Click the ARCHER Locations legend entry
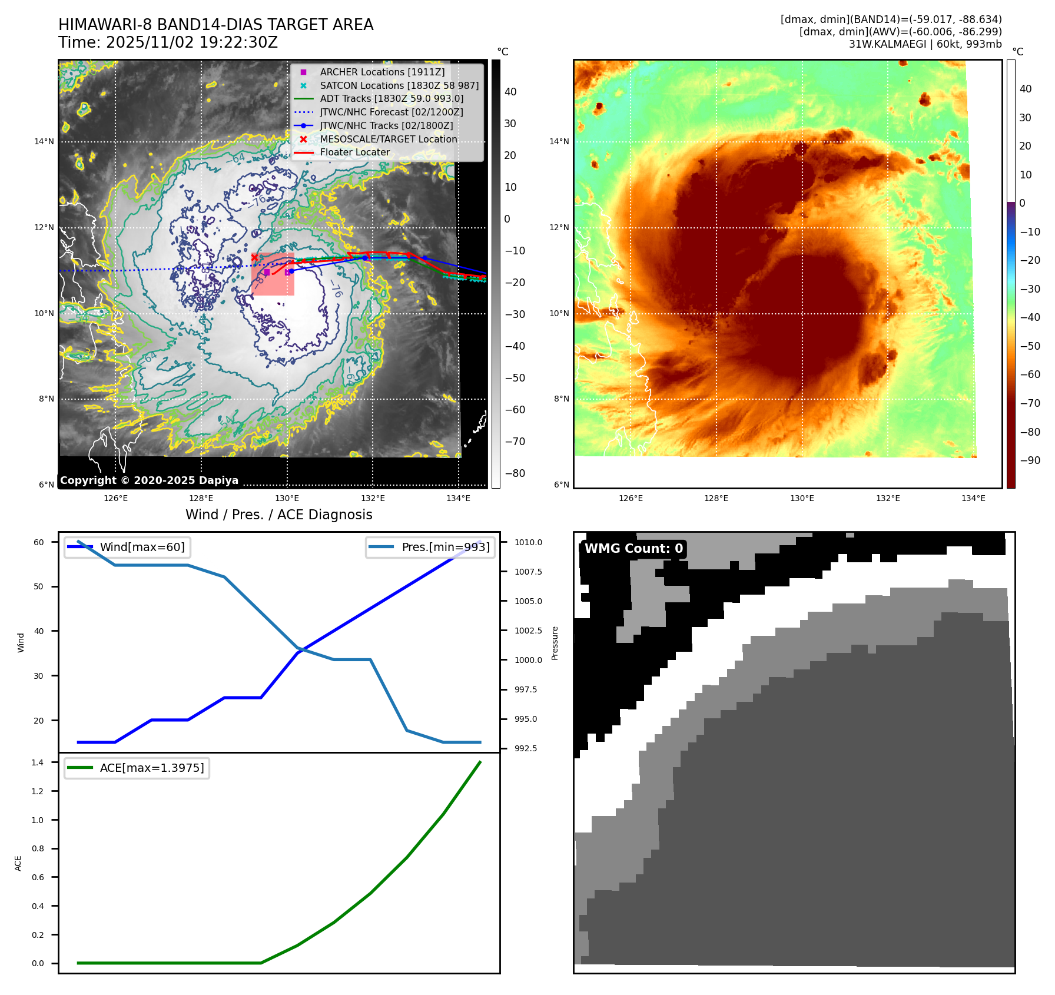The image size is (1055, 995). coord(382,72)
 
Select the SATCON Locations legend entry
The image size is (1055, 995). coord(399,85)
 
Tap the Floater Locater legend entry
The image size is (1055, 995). coord(354,152)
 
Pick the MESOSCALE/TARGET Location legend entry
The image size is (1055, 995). coord(388,139)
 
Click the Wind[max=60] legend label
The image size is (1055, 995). coord(142,547)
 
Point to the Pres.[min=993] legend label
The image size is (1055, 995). coord(445,547)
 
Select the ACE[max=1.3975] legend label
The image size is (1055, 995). coord(152,768)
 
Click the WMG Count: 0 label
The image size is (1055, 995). coord(633,549)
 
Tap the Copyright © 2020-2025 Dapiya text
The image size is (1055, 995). coord(149,480)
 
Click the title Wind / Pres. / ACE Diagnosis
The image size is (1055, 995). coord(279,515)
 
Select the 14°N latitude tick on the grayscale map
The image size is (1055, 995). coord(44,141)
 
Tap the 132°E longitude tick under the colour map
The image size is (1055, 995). coord(887,498)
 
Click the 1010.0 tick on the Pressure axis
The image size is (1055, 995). coord(528,542)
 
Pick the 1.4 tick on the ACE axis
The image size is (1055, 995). coord(38,762)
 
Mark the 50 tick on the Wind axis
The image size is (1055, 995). coord(39,586)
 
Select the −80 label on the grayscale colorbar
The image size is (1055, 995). coord(515,473)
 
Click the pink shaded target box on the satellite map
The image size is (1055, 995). coord(273,274)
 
